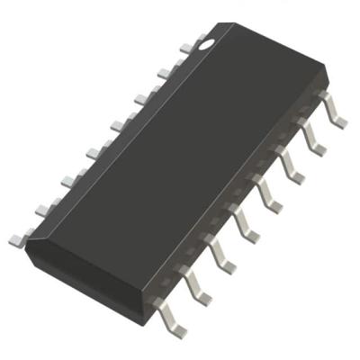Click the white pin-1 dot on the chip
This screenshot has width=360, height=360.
207,40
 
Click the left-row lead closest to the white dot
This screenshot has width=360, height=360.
184,46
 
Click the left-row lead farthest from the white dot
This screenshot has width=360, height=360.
18,239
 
